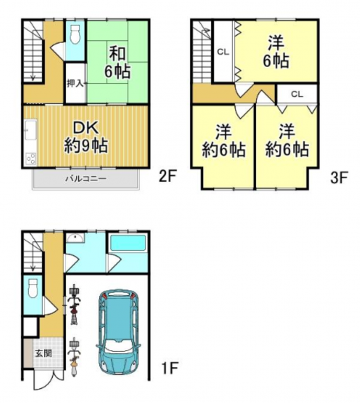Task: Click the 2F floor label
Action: [x=167, y=177]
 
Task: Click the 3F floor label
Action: [x=339, y=178]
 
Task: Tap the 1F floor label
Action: [x=170, y=368]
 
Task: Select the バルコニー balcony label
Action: [x=85, y=178]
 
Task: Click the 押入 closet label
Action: [x=75, y=83]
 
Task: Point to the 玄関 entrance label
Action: [x=44, y=354]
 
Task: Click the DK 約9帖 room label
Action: [x=86, y=137]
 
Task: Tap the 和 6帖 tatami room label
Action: [x=117, y=62]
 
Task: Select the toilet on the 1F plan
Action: [x=33, y=289]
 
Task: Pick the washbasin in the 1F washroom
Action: [x=75, y=238]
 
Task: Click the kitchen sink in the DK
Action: [x=31, y=130]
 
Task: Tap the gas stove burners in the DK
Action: [x=31, y=159]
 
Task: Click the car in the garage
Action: [x=118, y=332]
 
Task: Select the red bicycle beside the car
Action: [x=74, y=304]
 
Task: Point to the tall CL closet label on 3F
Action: [x=223, y=52]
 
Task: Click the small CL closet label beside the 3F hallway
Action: [x=297, y=95]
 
